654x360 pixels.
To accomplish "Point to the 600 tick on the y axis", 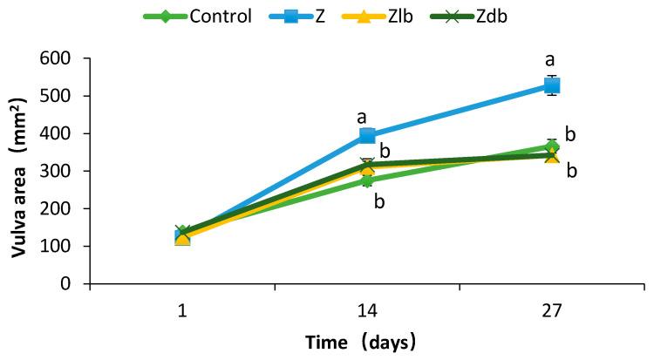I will [56, 58].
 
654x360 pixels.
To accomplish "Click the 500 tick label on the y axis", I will [56, 96].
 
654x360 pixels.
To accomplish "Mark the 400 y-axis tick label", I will [56, 133].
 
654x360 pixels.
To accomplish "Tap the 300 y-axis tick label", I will [56, 171].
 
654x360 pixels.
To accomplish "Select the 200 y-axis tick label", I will [56, 208].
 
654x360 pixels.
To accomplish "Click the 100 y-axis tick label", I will [56, 246].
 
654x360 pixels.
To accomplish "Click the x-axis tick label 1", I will [181, 309].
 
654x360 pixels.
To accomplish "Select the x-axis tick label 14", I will [366, 309].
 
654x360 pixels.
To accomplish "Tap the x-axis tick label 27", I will [551, 309].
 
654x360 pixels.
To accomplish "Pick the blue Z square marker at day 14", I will [367, 135].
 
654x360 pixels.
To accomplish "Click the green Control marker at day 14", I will [367, 180].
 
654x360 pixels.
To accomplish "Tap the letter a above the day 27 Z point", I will [550, 60].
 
